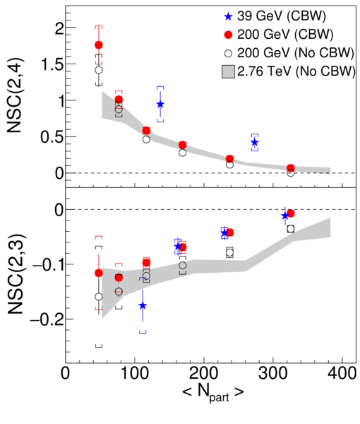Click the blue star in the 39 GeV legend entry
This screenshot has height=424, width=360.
(x=228, y=17)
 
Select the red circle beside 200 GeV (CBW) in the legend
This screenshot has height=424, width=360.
(x=229, y=35)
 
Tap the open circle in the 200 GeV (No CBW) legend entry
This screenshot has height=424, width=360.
(x=229, y=53)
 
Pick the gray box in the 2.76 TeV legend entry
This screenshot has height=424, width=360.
(x=228, y=71)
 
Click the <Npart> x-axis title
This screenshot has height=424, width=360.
(x=213, y=392)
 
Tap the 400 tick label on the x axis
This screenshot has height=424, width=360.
(x=342, y=373)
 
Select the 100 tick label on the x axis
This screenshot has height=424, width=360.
(x=134, y=373)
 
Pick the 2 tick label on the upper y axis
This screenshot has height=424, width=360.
(x=59, y=28)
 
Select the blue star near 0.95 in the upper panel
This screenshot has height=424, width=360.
(x=160, y=104)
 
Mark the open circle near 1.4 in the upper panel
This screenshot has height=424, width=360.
(x=99, y=70)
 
